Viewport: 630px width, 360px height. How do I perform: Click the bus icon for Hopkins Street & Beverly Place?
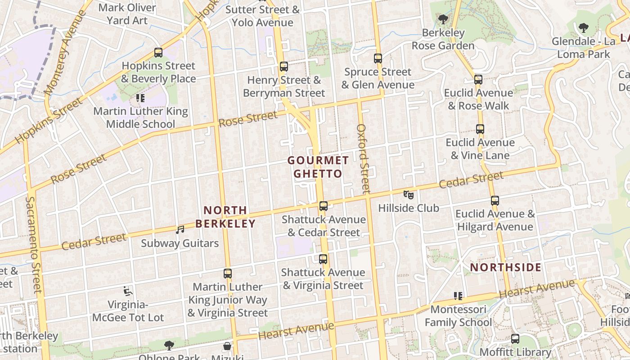pyautogui.click(x=158, y=53)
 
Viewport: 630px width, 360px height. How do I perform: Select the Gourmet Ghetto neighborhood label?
pyautogui.click(x=318, y=167)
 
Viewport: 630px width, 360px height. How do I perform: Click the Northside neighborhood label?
pyautogui.click(x=506, y=268)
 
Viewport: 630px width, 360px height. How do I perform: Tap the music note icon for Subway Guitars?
pyautogui.click(x=180, y=230)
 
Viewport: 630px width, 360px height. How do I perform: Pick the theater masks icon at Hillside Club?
pyautogui.click(x=408, y=195)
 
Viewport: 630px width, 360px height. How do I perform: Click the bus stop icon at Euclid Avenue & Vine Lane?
pyautogui.click(x=480, y=129)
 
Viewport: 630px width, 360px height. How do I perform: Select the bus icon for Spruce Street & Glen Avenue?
pyautogui.click(x=378, y=58)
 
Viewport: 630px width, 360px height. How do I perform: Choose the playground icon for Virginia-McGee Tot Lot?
pyautogui.click(x=128, y=292)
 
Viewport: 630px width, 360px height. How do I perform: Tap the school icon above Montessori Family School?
pyautogui.click(x=458, y=296)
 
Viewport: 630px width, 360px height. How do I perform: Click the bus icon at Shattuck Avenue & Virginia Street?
pyautogui.click(x=323, y=259)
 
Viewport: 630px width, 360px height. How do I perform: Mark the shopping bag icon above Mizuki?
pyautogui.click(x=227, y=346)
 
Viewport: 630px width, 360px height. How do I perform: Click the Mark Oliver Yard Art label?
pyautogui.click(x=127, y=14)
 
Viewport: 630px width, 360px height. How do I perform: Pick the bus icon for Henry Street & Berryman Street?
pyautogui.click(x=283, y=67)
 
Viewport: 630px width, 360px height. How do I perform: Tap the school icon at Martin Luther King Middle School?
pyautogui.click(x=140, y=98)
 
